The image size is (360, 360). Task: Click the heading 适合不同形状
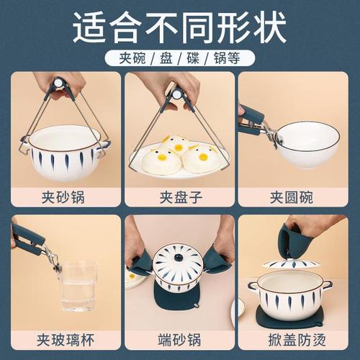[180, 26]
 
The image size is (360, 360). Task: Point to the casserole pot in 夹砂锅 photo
[65, 151]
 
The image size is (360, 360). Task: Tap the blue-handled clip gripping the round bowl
[256, 120]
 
